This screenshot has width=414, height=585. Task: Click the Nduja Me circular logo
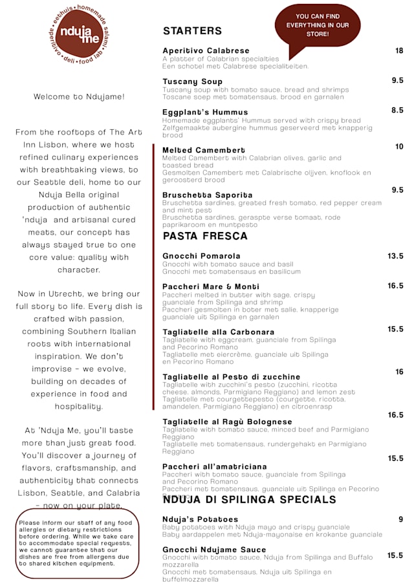[x=79, y=34]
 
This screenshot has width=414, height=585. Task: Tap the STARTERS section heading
[x=192, y=31]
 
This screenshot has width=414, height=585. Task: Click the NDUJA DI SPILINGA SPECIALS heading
[x=249, y=500]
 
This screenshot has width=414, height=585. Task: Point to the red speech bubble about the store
[x=317, y=26]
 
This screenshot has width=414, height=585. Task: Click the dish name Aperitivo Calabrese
[x=206, y=50]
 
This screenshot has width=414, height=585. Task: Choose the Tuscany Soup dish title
[x=192, y=81]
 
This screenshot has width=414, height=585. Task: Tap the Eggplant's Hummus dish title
[x=196, y=112]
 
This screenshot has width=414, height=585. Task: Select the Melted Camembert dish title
[x=204, y=150]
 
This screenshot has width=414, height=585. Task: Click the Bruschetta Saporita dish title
[x=207, y=195]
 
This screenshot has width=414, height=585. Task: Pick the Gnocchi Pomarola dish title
[x=201, y=256]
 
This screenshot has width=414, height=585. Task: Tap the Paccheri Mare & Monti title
[x=210, y=286]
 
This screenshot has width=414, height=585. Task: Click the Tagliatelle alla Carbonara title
[x=218, y=332]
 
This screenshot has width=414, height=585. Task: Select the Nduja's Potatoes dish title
[x=200, y=519]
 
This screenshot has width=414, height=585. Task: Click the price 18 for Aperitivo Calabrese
[x=399, y=50]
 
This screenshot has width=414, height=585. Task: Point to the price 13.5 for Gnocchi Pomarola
[x=395, y=256]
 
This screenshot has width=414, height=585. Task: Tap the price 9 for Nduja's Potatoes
[x=400, y=519]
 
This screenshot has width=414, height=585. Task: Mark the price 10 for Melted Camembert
[x=399, y=147]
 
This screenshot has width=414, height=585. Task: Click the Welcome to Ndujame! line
[x=79, y=97]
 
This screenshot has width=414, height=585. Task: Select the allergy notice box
[x=77, y=543]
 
